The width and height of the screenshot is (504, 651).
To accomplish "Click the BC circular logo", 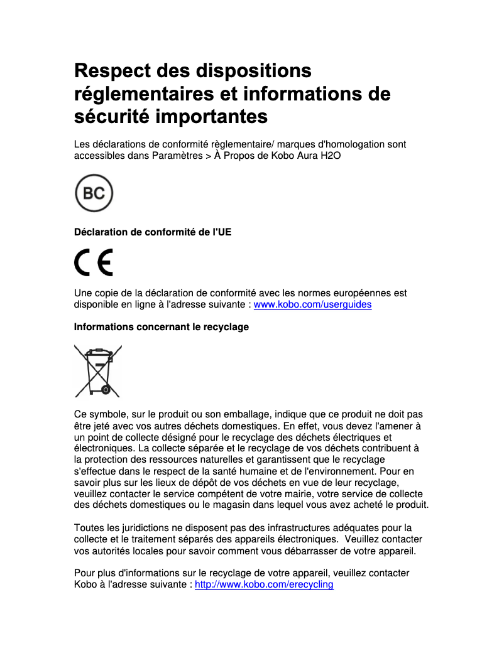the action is (94, 193).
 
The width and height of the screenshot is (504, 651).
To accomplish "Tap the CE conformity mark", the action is (94, 262).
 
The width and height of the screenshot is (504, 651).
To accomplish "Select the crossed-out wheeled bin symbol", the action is (97, 370).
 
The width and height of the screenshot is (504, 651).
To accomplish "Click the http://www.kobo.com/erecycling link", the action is (264, 584).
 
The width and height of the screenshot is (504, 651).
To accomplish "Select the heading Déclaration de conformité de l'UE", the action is (153, 232).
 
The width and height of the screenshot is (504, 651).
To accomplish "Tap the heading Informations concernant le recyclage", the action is (162, 327).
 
